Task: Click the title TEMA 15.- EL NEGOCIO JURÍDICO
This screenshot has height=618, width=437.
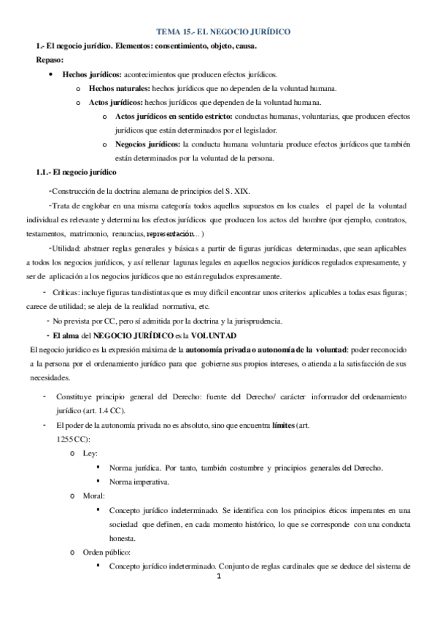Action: [x=224, y=32]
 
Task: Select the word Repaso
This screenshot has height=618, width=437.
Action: [x=50, y=60]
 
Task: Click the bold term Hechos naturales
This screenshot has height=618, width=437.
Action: [x=115, y=88]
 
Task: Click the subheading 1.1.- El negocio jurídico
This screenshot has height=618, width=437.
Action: [x=75, y=172]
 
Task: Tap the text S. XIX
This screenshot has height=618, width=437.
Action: [x=236, y=190]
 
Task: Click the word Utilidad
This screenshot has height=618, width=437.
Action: [x=66, y=249]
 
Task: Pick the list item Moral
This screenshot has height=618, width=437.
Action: [x=94, y=496]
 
